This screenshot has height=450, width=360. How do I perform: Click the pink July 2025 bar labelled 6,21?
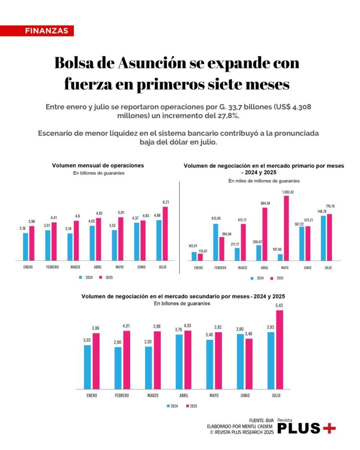tap(165, 233)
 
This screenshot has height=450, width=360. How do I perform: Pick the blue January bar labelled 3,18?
tap(25, 247)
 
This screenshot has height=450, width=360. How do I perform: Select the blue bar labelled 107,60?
tap(280, 257)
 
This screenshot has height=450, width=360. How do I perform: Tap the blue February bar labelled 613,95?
tap(216, 242)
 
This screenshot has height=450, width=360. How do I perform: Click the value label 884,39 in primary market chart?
tap(265, 203)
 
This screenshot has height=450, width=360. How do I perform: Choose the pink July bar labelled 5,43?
tap(280, 349)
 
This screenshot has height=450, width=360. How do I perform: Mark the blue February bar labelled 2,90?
tap(118, 368)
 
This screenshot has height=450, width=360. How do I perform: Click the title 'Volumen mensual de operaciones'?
tap(98, 166)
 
